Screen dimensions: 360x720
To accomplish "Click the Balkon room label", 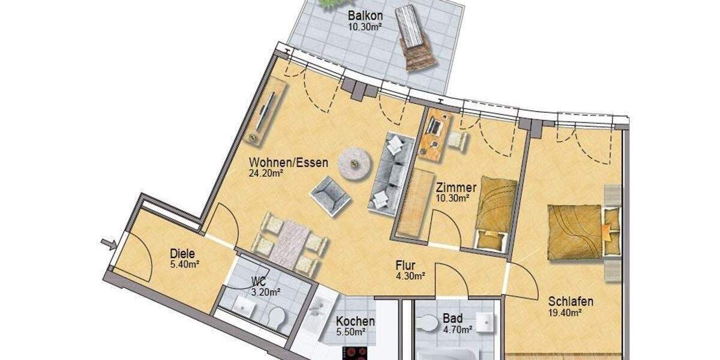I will click(x=365, y=16).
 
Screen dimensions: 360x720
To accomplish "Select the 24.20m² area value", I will click(x=266, y=173).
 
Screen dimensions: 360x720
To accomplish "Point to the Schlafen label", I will click(x=571, y=301).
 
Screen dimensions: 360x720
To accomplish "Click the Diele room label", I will click(x=183, y=253).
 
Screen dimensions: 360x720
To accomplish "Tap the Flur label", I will click(x=406, y=265).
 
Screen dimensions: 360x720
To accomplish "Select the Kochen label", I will click(x=356, y=321).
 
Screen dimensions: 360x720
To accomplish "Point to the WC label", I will click(x=258, y=281).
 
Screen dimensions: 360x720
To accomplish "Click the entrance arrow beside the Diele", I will click(x=108, y=243).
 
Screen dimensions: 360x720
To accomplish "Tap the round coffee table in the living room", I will click(x=353, y=162).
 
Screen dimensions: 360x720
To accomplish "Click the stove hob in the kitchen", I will click(x=359, y=353).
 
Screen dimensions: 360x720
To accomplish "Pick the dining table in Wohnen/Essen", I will click(x=289, y=242).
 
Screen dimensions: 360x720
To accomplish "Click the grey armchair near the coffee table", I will click(x=329, y=193).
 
